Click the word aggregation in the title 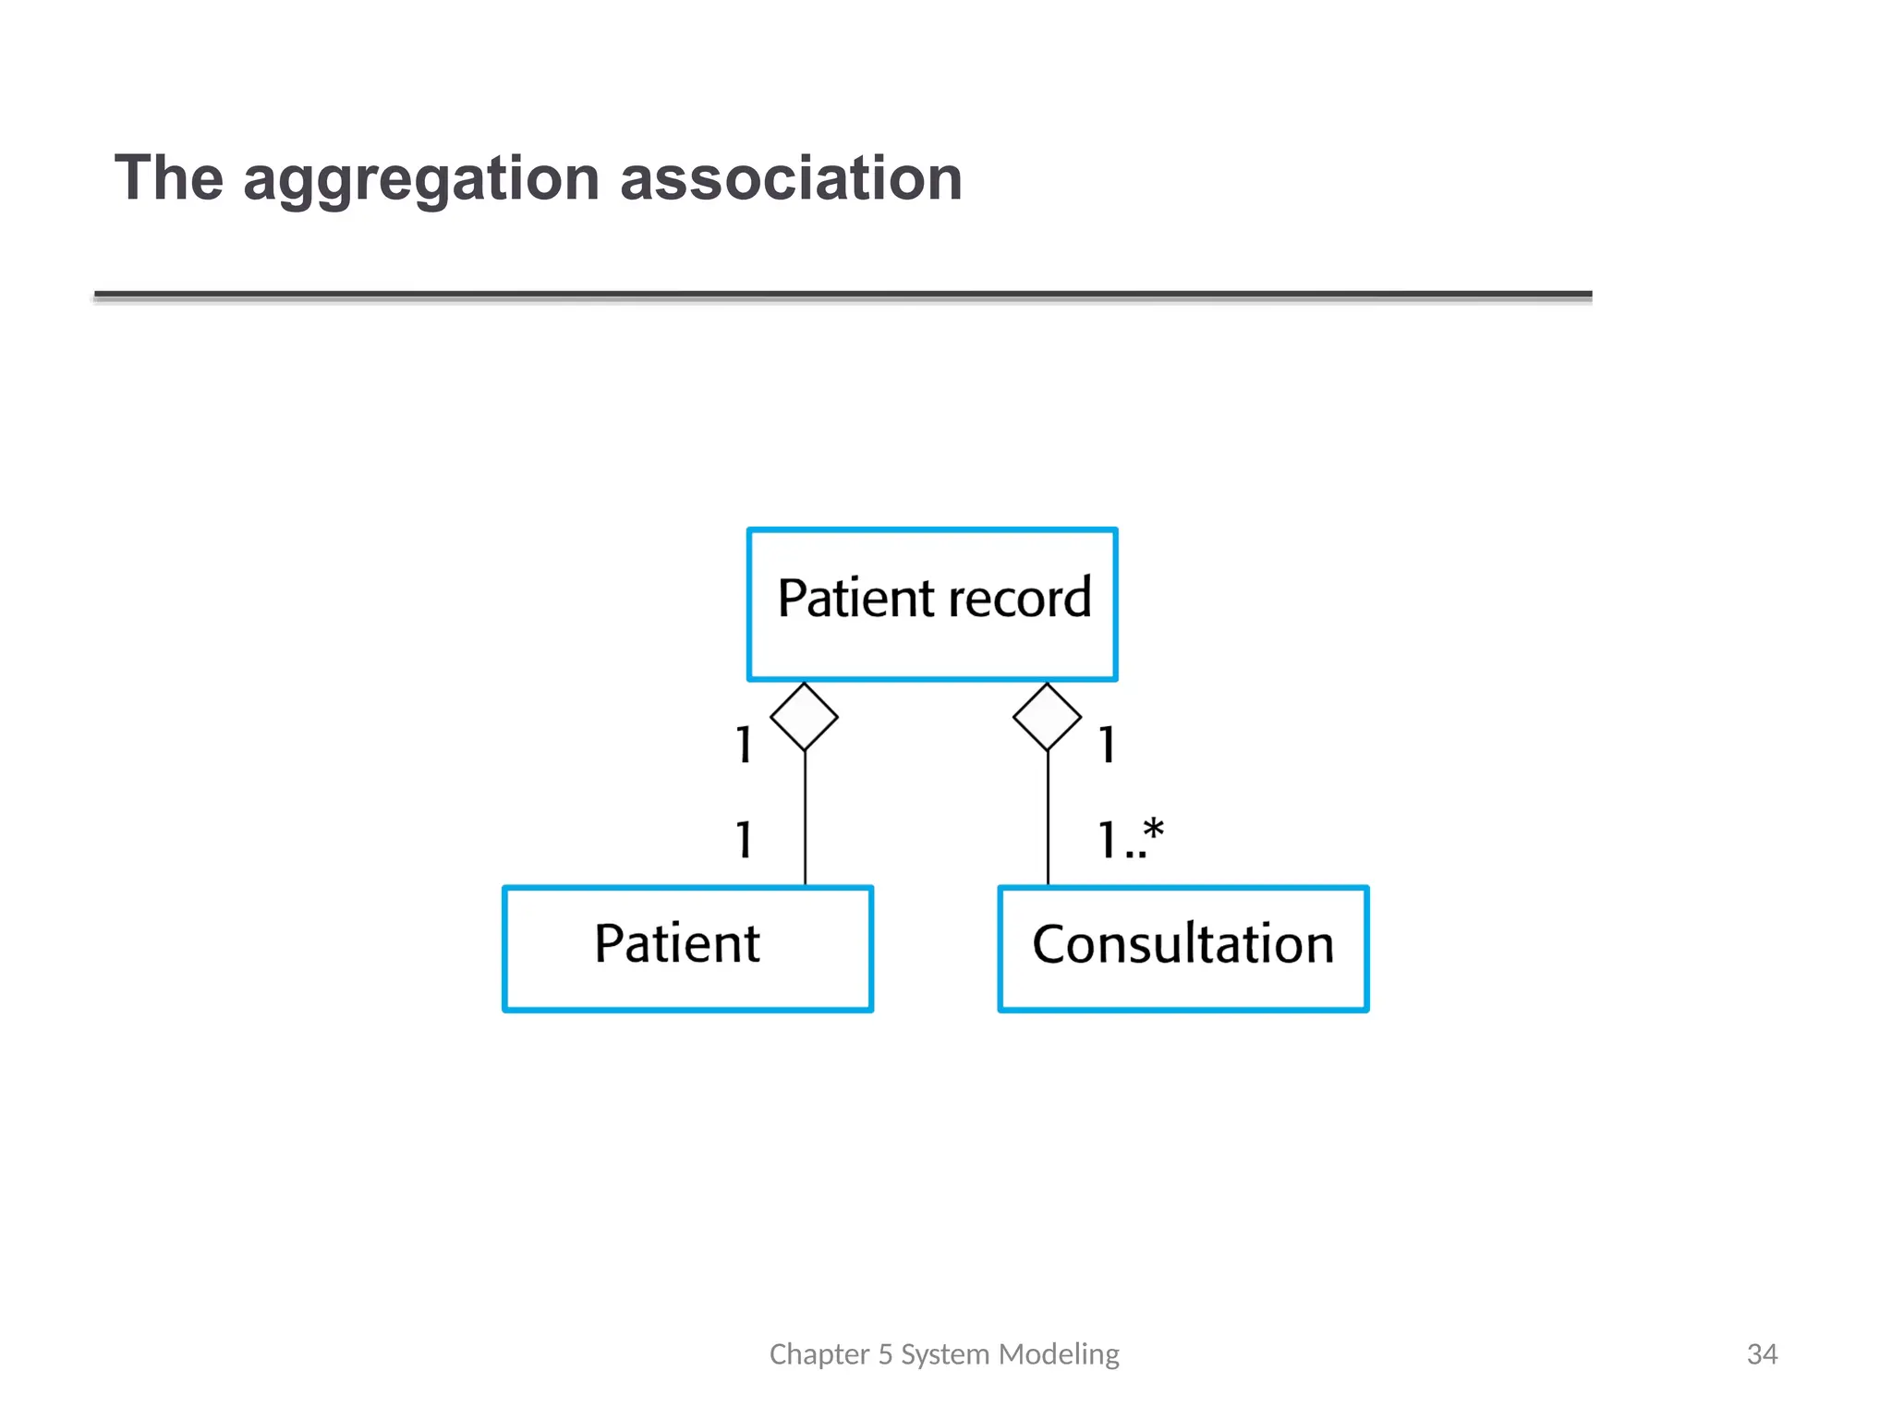421,179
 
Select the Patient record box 932,647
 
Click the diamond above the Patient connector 804,716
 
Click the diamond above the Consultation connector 1047,716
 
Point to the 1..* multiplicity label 1130,839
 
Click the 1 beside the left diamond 744,745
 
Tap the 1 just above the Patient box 744,840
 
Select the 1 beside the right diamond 1107,745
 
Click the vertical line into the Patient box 805,818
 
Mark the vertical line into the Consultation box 1048,818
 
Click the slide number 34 1762,1354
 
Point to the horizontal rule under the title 843,296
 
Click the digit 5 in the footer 885,1354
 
